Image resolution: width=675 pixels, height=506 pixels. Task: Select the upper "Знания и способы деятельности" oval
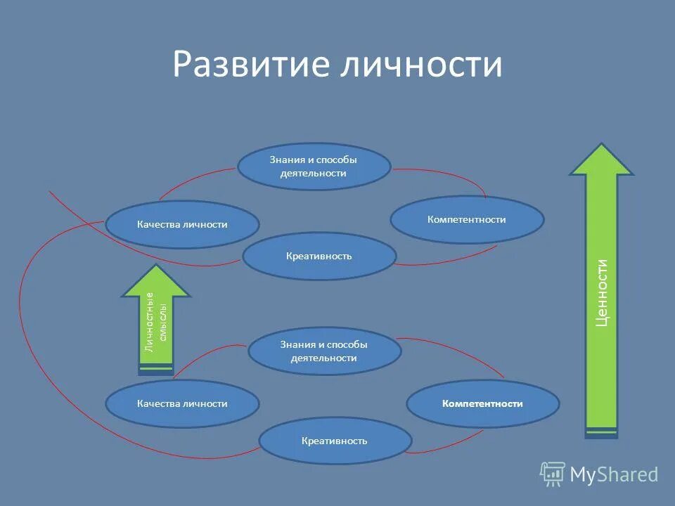(x=314, y=167)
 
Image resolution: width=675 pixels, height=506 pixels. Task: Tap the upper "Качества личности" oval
(x=182, y=224)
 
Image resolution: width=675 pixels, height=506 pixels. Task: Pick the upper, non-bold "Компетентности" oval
(x=467, y=219)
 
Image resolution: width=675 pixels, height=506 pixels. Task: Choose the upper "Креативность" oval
(x=319, y=256)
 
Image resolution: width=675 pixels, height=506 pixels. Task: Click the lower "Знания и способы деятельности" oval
(x=324, y=351)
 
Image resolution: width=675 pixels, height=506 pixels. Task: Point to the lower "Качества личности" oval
(x=182, y=403)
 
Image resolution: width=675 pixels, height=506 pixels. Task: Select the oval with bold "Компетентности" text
(x=482, y=403)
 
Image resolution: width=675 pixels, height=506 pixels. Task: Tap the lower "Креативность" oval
(x=335, y=441)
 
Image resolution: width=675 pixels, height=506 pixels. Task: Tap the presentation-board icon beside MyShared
(x=553, y=474)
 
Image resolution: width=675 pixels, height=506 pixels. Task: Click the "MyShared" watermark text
(x=613, y=475)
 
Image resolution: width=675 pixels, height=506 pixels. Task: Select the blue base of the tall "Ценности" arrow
(x=601, y=434)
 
